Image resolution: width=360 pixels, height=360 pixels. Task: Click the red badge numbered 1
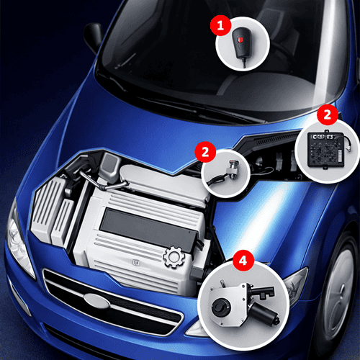click(220, 25)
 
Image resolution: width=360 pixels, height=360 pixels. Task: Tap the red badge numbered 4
click(243, 261)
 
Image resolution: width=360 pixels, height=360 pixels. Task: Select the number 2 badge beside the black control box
click(328, 114)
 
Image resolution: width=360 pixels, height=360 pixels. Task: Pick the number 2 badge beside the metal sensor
click(205, 152)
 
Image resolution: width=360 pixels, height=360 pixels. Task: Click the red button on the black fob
click(240, 40)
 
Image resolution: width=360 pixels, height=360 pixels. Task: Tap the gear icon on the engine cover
click(174, 257)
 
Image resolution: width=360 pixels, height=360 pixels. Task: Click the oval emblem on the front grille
click(96, 301)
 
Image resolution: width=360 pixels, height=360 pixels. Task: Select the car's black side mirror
click(93, 37)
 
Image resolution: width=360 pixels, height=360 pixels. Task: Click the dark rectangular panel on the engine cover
click(149, 230)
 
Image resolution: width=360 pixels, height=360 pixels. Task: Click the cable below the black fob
click(244, 63)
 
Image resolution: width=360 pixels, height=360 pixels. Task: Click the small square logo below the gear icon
click(136, 263)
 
